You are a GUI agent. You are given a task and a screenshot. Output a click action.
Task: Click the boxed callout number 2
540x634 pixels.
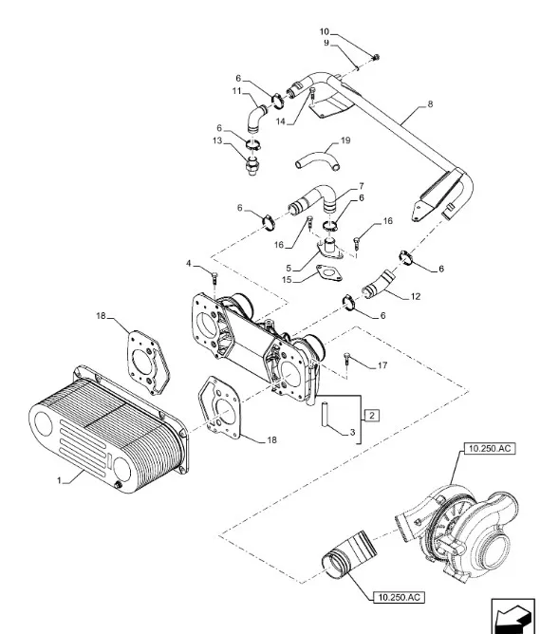[372, 416]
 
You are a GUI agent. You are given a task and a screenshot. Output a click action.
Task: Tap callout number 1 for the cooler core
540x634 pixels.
[60, 480]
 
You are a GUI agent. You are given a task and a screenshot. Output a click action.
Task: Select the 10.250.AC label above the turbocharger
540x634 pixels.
[490, 448]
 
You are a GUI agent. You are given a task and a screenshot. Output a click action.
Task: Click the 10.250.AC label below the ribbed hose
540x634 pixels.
[399, 597]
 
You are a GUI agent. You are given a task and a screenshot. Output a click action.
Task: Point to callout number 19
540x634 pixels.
[345, 140]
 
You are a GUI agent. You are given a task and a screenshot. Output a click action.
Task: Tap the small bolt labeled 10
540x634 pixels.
[376, 58]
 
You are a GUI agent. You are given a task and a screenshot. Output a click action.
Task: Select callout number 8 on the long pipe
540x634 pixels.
[430, 103]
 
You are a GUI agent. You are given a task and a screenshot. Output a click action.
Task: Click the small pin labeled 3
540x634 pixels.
[325, 413]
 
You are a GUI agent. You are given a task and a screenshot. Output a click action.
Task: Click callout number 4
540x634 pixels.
[188, 264]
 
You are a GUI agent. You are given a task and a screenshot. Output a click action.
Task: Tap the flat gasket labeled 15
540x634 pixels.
[329, 272]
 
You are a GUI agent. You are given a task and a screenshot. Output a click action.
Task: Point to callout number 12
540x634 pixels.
[416, 296]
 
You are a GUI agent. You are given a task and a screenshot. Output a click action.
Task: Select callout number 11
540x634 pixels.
[236, 91]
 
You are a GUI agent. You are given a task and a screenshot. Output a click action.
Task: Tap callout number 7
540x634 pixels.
[361, 186]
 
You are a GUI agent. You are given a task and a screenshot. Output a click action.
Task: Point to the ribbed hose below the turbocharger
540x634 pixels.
[349, 557]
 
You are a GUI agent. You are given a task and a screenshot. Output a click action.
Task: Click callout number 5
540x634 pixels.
[289, 268]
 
